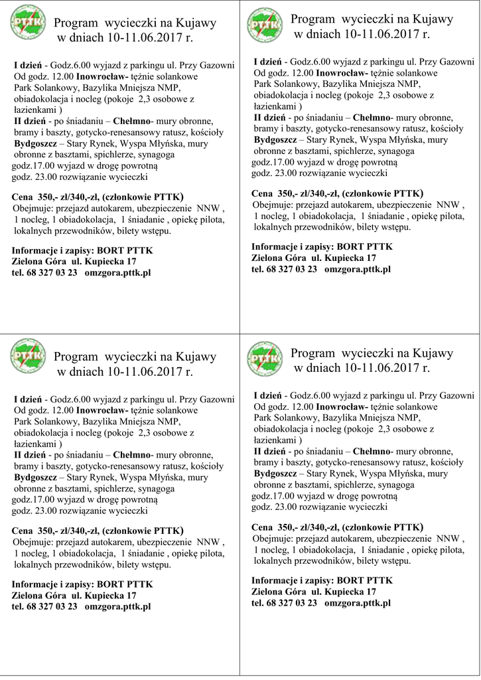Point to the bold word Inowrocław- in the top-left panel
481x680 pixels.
(102, 76)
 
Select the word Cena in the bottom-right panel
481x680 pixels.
(262, 527)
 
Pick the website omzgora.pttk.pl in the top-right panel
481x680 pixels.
(358, 269)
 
